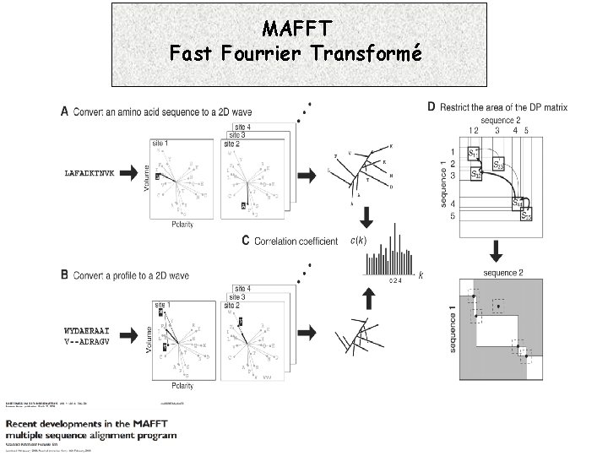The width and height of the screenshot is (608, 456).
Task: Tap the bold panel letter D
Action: pos(431,107)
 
